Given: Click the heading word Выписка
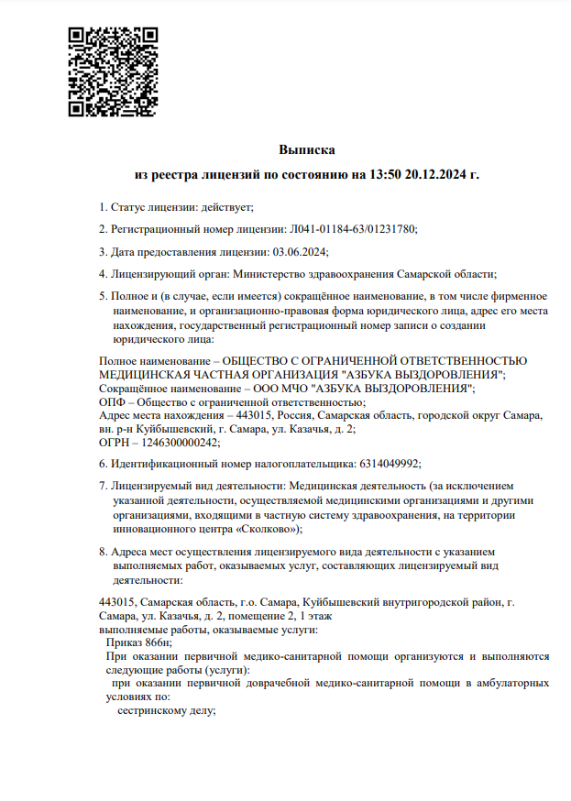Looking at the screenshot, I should tap(307, 148).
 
